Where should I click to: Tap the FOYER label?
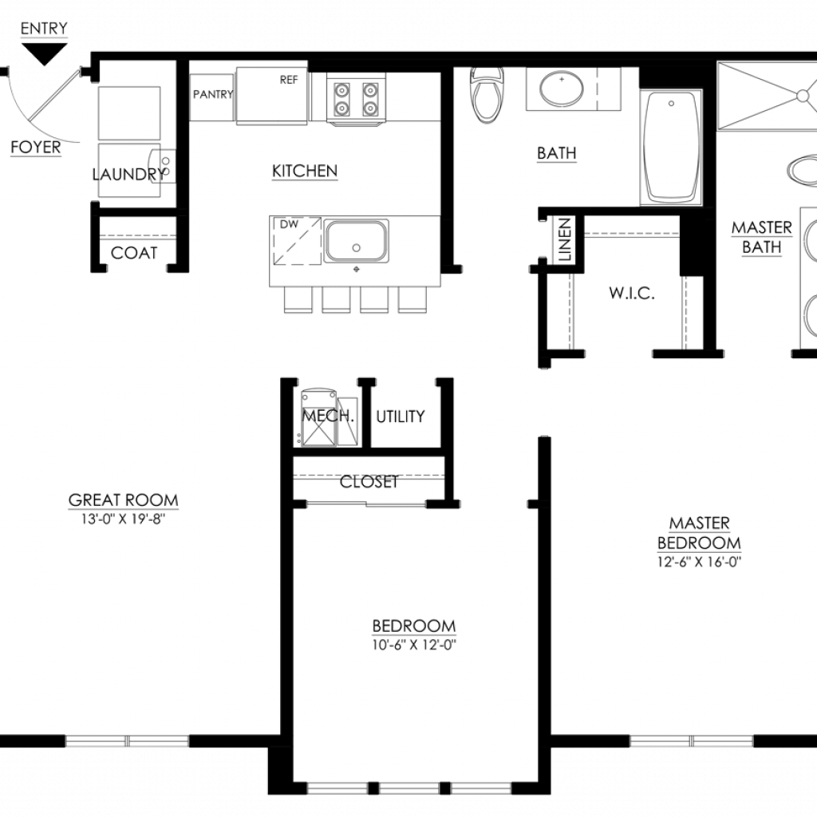(35, 148)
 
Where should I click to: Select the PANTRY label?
(212, 94)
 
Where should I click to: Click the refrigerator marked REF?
(271, 96)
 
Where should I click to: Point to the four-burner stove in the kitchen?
(356, 99)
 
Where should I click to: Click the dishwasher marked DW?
(297, 241)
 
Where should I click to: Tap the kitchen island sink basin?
(357, 241)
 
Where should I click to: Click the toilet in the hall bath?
(487, 94)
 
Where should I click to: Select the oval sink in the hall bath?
(562, 89)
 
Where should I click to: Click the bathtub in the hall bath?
(671, 148)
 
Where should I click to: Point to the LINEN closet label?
(565, 239)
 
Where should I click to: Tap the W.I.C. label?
(632, 294)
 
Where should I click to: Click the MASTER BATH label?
(762, 238)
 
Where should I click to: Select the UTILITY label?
(401, 416)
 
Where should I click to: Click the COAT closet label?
(134, 253)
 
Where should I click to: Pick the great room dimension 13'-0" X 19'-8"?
(123, 519)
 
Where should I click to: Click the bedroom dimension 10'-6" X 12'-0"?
(414, 645)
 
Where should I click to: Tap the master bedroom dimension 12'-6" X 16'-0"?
(699, 562)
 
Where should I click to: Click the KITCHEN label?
(305, 172)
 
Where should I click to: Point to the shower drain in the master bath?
(803, 96)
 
